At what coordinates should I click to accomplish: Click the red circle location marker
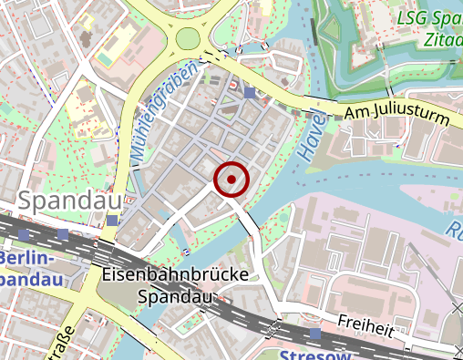(231, 180)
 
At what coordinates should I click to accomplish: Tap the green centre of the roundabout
(189, 39)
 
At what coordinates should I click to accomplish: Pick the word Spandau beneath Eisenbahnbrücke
(174, 296)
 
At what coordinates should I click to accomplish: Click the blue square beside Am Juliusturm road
(250, 92)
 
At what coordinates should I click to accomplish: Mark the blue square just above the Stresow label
(315, 333)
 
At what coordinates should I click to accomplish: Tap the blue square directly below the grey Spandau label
(112, 221)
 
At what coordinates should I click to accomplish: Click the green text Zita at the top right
(442, 40)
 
